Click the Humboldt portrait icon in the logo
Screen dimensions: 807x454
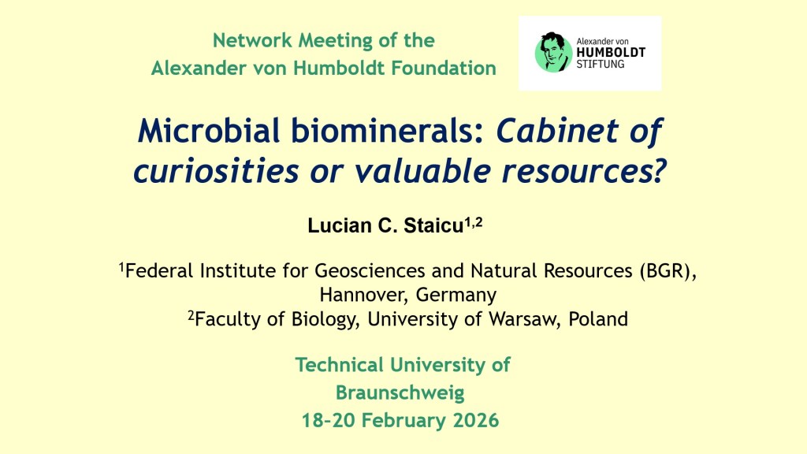(x=553, y=52)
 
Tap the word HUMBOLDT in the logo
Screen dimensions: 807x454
(x=611, y=53)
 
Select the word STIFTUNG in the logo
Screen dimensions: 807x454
(x=600, y=65)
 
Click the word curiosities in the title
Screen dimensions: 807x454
(x=216, y=171)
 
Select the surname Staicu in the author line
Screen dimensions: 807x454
(x=433, y=226)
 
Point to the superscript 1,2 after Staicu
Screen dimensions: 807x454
(x=474, y=222)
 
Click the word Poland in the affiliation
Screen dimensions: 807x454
(x=598, y=319)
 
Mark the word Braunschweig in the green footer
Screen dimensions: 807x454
(x=400, y=393)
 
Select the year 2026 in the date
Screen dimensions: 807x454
(x=476, y=421)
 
